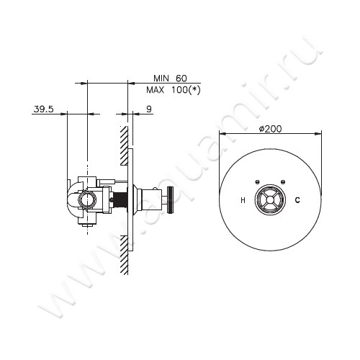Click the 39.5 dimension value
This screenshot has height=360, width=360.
point(43,109)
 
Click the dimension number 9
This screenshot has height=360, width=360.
point(148,109)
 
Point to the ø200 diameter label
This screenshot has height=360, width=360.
point(269,128)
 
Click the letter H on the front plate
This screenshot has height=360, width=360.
point(243,199)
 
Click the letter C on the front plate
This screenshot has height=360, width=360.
point(297,199)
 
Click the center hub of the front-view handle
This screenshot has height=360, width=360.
point(270,199)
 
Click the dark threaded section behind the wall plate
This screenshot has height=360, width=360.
point(125,199)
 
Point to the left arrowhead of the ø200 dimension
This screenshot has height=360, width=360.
point(221,133)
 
